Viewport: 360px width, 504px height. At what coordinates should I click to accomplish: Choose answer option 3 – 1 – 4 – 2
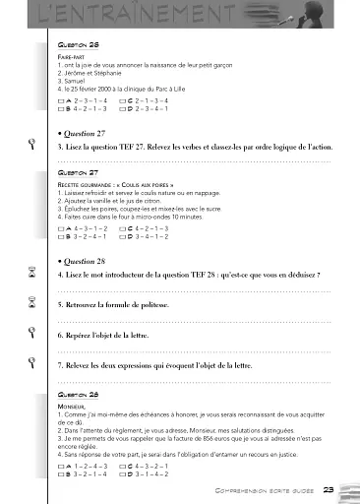click(x=151, y=473)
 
